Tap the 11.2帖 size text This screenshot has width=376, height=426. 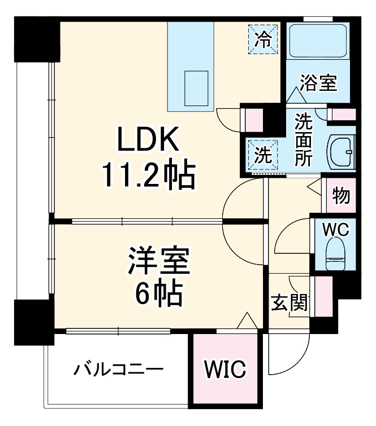coord(148,176)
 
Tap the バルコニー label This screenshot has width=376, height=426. coord(118,370)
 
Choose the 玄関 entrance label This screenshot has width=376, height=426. coord(289,303)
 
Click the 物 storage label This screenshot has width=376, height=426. coord(341,195)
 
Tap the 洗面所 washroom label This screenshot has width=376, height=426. coord(303,139)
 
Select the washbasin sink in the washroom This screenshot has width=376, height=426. coord(342,151)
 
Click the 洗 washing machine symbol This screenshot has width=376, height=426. coord(262,154)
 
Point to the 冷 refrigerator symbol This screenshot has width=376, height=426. coord(263,39)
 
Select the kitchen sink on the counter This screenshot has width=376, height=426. coord(196,84)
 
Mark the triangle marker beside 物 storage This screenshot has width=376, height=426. coord(314,186)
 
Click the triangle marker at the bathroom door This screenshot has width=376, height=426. coord(295,95)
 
